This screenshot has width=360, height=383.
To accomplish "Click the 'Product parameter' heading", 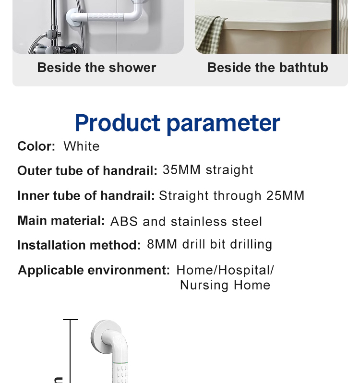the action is (x=177, y=123).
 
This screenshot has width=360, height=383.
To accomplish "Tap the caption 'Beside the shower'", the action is (x=96, y=67).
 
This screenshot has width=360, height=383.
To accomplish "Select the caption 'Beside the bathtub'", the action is (x=267, y=67).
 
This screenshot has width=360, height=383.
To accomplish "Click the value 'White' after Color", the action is (x=82, y=146).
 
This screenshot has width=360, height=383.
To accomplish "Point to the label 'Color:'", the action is (x=36, y=146).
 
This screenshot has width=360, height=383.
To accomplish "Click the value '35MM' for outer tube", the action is (x=181, y=170).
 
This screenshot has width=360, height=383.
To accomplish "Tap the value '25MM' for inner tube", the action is (x=285, y=196).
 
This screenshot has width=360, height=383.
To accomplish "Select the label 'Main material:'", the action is (x=61, y=221).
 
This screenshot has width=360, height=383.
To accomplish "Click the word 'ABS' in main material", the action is (x=124, y=222).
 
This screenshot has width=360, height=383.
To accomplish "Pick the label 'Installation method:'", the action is (x=79, y=245).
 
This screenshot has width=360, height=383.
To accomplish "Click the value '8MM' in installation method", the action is (x=162, y=244).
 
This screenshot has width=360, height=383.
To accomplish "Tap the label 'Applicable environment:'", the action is (x=94, y=270).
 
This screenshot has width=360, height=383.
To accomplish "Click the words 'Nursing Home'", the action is (x=225, y=285).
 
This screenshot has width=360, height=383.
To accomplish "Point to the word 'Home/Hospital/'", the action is (x=225, y=270).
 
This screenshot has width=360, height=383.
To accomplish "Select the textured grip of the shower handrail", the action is (x=105, y=17).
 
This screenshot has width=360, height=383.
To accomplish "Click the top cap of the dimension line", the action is (x=71, y=320).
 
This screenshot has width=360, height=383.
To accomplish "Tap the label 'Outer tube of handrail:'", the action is (x=87, y=170).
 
